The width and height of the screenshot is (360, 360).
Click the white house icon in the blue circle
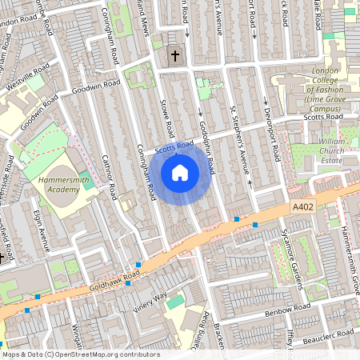click(x=180, y=172)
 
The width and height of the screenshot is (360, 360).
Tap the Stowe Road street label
click(x=168, y=118)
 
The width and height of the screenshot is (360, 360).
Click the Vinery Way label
click(x=150, y=300)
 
